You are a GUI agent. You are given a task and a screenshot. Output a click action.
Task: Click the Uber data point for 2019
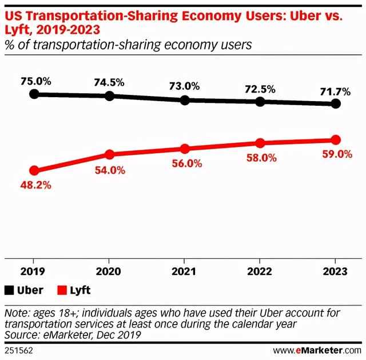pyautogui.click(x=34, y=94)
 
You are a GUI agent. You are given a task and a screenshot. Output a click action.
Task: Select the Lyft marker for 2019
pyautogui.click(x=34, y=170)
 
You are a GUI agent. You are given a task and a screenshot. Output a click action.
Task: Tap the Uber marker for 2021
pyautogui.click(x=185, y=100)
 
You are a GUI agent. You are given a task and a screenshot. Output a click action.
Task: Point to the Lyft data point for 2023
pyautogui.click(x=336, y=140)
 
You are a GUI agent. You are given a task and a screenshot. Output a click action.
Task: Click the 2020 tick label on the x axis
pyautogui.click(x=109, y=273)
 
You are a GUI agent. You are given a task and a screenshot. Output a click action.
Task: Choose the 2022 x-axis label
pyautogui.click(x=260, y=273)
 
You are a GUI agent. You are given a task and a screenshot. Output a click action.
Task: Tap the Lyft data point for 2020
pyautogui.click(x=110, y=154)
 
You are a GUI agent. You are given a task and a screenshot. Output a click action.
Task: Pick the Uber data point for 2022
pyautogui.click(x=260, y=101)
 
